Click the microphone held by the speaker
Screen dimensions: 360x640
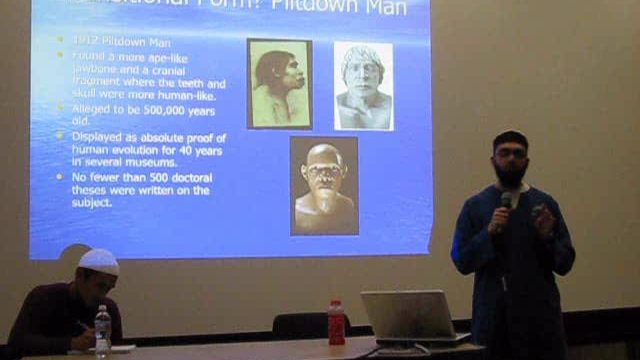click(x=507, y=200)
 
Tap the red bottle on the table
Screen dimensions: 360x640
click(x=336, y=323)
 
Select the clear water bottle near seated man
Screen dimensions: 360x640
click(x=102, y=330)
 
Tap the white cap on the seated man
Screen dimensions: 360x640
click(x=98, y=262)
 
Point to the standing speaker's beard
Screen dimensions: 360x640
click(x=510, y=174)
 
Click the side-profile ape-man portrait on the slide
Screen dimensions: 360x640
click(x=279, y=84)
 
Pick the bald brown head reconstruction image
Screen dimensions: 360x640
click(x=324, y=186)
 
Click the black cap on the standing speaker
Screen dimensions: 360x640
click(x=510, y=139)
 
